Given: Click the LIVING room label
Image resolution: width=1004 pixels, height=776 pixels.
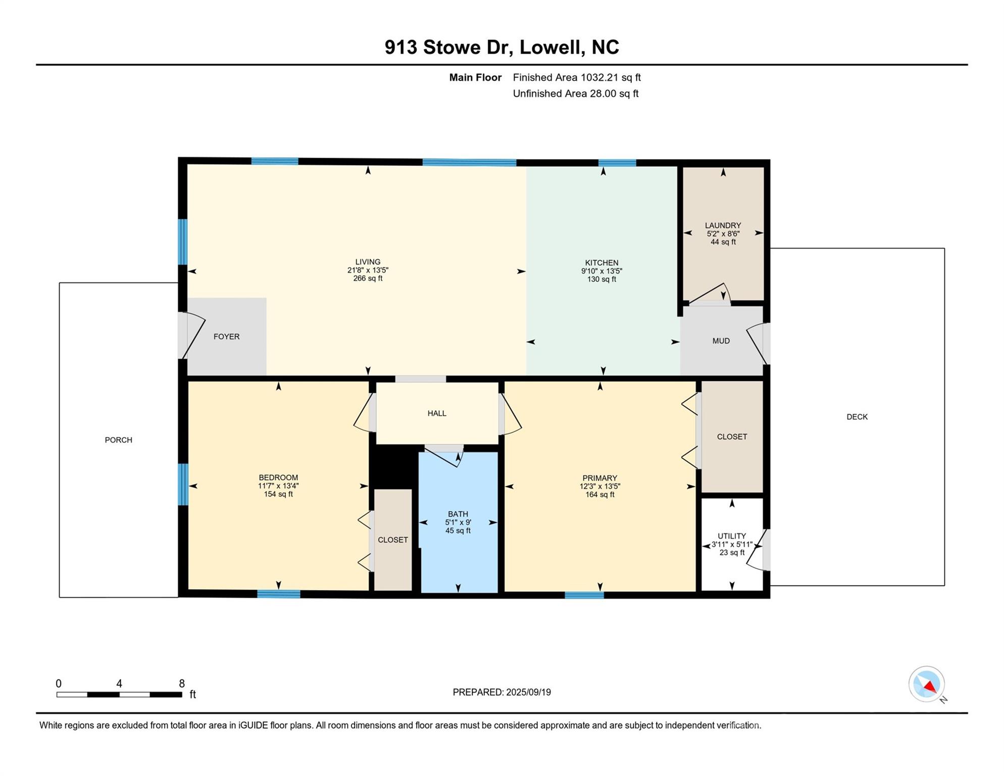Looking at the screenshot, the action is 368,262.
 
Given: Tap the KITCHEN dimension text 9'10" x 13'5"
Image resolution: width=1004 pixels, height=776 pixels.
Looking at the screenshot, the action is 601,271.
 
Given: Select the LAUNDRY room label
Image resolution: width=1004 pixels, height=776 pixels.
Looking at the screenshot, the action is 723,225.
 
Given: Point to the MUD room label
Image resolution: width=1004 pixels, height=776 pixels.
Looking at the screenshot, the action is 721,341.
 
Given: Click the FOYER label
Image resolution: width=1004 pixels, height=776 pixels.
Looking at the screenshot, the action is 226,336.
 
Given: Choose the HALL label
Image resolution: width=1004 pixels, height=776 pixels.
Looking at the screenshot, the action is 437,413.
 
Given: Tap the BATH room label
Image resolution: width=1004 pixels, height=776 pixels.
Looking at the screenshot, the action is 458,514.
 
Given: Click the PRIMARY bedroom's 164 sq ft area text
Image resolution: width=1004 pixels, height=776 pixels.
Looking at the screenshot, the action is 599,495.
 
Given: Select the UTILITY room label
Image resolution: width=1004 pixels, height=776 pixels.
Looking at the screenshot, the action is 732,536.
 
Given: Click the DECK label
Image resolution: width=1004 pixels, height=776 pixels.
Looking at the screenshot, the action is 857,417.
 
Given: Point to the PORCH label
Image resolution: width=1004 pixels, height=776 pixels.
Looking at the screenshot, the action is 119,440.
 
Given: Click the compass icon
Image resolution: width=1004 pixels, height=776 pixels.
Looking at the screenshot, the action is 927,684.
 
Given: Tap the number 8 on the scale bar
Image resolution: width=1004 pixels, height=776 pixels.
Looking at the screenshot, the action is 182,684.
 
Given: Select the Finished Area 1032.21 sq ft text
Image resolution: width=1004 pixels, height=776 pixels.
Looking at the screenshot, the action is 577,77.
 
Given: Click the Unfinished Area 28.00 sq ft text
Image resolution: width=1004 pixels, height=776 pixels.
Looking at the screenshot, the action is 576,93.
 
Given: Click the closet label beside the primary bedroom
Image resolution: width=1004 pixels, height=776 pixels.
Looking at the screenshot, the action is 732,437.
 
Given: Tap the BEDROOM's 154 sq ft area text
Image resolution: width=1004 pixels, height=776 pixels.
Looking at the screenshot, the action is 278,494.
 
